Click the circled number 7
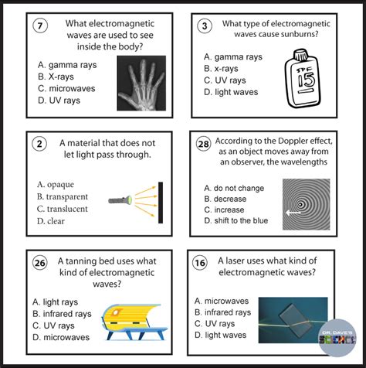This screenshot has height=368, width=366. (41, 26)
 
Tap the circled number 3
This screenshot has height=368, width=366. (205, 26)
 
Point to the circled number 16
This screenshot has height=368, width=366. (200, 263)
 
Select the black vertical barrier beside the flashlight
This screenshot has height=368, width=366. (161, 202)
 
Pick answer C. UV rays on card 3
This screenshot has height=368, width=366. (225, 80)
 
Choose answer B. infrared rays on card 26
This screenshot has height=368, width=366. (62, 314)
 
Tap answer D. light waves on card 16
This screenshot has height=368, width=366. (221, 336)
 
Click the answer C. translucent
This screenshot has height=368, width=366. (62, 209)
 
